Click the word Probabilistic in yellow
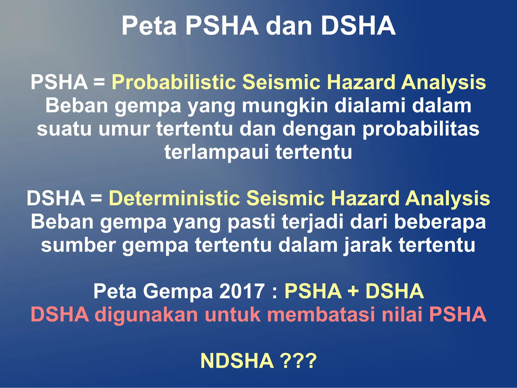click(x=174, y=82)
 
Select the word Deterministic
click(x=174, y=198)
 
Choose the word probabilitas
click(x=421, y=129)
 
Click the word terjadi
click(x=313, y=222)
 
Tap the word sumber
click(x=78, y=245)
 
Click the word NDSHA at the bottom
click(x=237, y=361)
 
